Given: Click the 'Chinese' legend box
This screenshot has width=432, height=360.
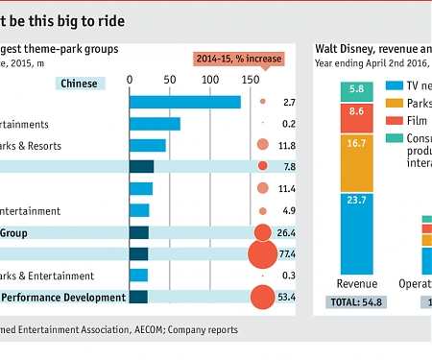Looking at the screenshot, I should tap(79, 84).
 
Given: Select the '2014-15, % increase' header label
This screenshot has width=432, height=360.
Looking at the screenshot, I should tap(239, 59).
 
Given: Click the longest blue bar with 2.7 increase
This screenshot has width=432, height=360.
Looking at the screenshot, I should tap(184, 102).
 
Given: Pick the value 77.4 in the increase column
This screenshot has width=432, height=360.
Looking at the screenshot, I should tap(286, 254).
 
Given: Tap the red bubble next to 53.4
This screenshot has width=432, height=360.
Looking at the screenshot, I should tap(261, 298).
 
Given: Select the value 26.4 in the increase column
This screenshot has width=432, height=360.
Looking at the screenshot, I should tap(286, 232).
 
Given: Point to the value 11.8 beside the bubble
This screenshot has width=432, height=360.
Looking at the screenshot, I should tap(286, 146).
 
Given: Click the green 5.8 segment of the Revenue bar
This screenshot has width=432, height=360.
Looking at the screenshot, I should tap(356, 90).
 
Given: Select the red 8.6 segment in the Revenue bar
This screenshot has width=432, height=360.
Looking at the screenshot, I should tap(356, 112).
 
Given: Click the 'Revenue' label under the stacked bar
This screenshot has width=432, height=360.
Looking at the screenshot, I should tap(356, 283).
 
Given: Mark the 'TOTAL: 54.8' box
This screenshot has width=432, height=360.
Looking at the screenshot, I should tap(356, 302).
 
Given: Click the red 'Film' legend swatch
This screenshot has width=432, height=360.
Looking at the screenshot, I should tap(395, 120).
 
